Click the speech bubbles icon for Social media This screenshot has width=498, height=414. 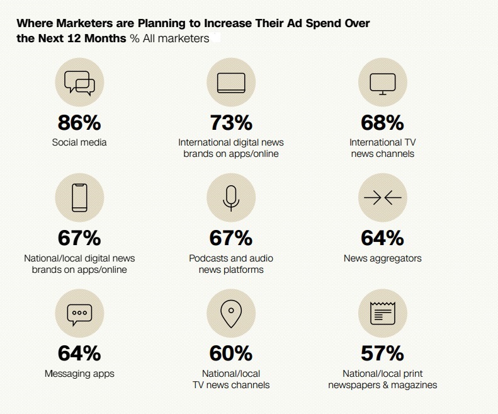(x=79, y=83)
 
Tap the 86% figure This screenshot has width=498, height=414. (x=79, y=122)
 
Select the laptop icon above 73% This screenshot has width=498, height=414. (x=230, y=83)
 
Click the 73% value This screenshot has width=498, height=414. (x=230, y=122)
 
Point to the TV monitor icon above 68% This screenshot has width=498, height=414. (x=382, y=83)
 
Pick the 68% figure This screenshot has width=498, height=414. (x=382, y=122)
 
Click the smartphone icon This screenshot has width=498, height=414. (x=79, y=198)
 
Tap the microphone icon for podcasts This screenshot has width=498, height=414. (x=230, y=198)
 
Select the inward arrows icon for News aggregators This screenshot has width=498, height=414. (x=382, y=198)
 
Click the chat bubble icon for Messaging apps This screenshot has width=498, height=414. (x=79, y=313)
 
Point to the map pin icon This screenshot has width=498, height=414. (x=230, y=313)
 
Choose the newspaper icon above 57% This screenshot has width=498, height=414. (x=382, y=313)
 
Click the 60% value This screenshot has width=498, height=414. (x=230, y=353)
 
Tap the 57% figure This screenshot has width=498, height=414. (x=382, y=353)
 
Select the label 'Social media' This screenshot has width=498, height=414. (x=79, y=142)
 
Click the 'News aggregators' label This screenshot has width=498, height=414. (x=382, y=258)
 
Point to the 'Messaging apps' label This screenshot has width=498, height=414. (x=79, y=374)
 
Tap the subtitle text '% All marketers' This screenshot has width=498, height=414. (x=169, y=38)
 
